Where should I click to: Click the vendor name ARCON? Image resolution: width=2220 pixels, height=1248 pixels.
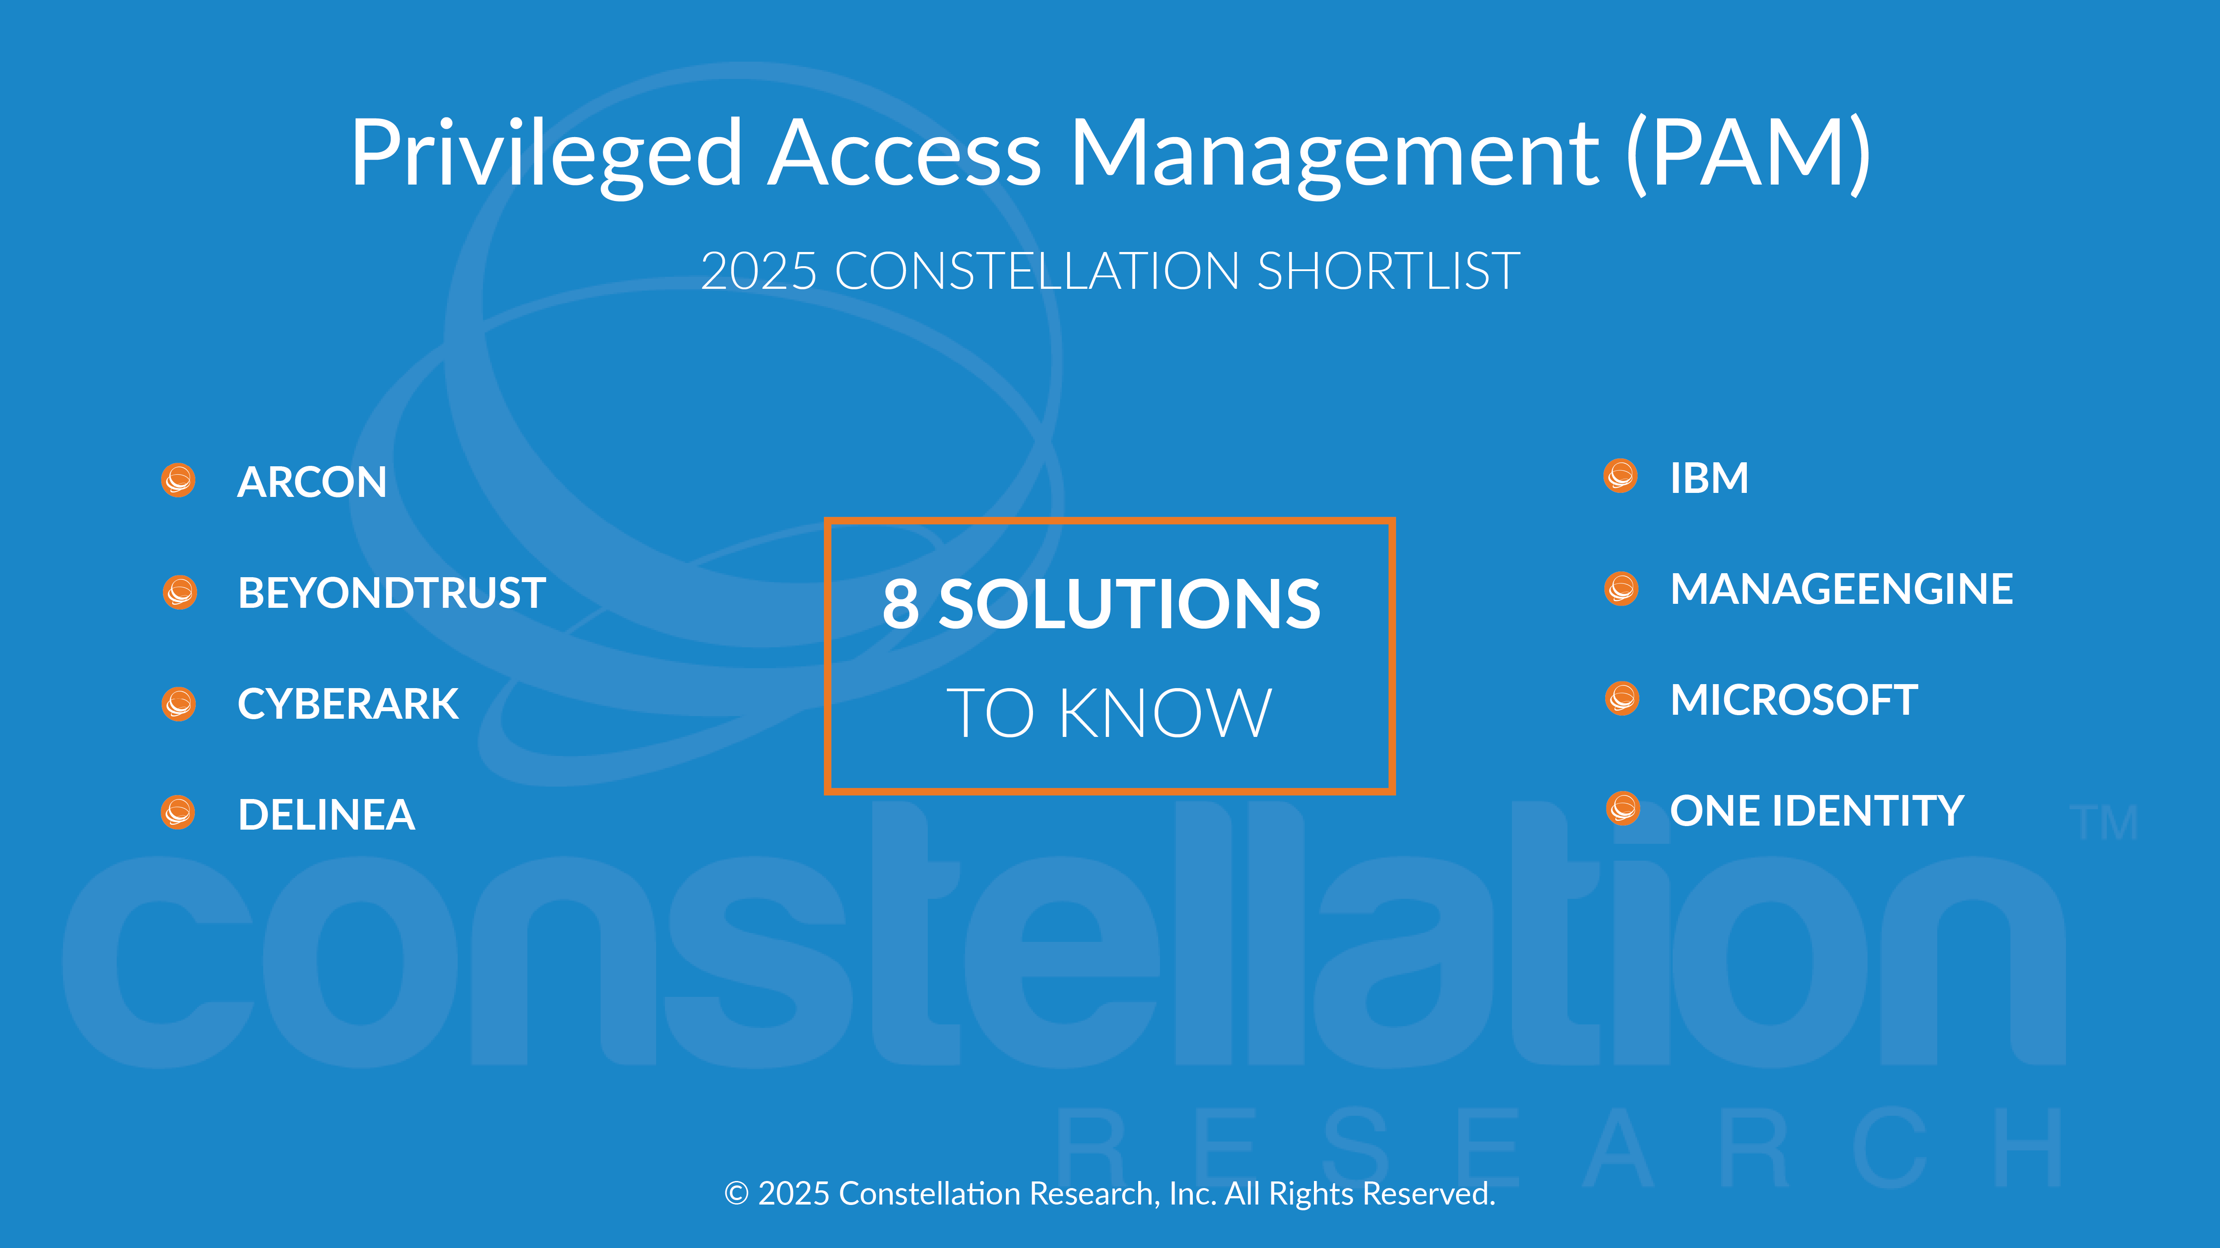point(312,481)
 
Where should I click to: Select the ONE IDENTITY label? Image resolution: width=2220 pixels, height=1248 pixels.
point(1816,811)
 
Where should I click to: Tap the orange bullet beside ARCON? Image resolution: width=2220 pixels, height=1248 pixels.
point(178,480)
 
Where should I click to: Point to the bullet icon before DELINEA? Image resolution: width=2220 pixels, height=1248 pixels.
point(178,812)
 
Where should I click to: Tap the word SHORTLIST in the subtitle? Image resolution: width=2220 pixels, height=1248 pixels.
point(1389,272)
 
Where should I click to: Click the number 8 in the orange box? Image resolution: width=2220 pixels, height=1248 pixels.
point(901,604)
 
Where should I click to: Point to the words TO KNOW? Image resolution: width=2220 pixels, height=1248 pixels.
point(1109,713)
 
